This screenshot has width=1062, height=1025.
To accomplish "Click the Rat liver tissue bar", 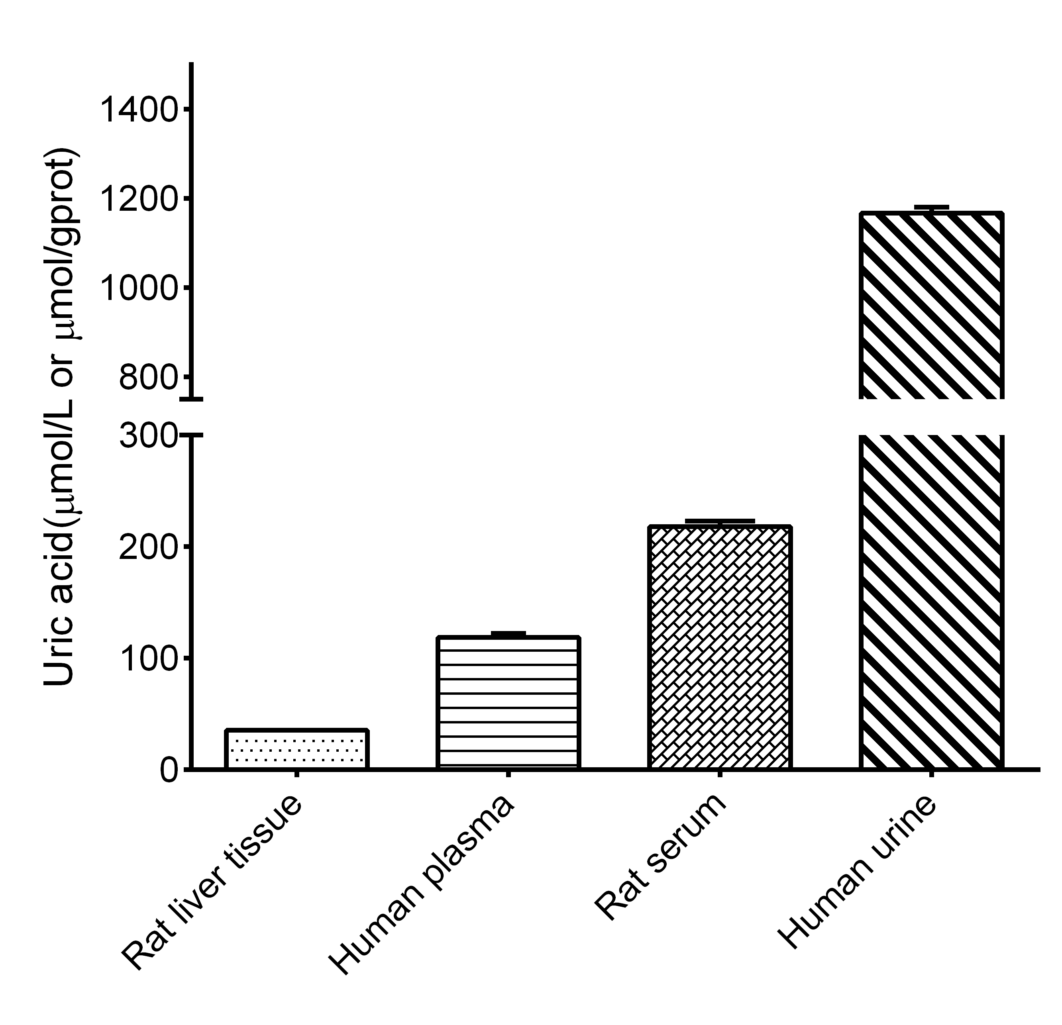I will pyautogui.click(x=296, y=749).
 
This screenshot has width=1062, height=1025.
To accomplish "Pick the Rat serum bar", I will pyautogui.click(x=720, y=647).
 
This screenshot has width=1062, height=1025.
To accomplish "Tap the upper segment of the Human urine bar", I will pyautogui.click(x=931, y=306).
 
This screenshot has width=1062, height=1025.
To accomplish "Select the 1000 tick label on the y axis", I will pyautogui.click(x=139, y=288).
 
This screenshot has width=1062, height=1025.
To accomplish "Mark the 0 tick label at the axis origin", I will pyautogui.click(x=169, y=770).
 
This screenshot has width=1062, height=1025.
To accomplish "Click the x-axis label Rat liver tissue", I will pyautogui.click(x=211, y=883).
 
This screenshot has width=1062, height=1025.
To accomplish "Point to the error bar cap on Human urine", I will pyautogui.click(x=931, y=207).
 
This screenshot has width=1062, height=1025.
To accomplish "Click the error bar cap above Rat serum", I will pyautogui.click(x=720, y=521).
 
